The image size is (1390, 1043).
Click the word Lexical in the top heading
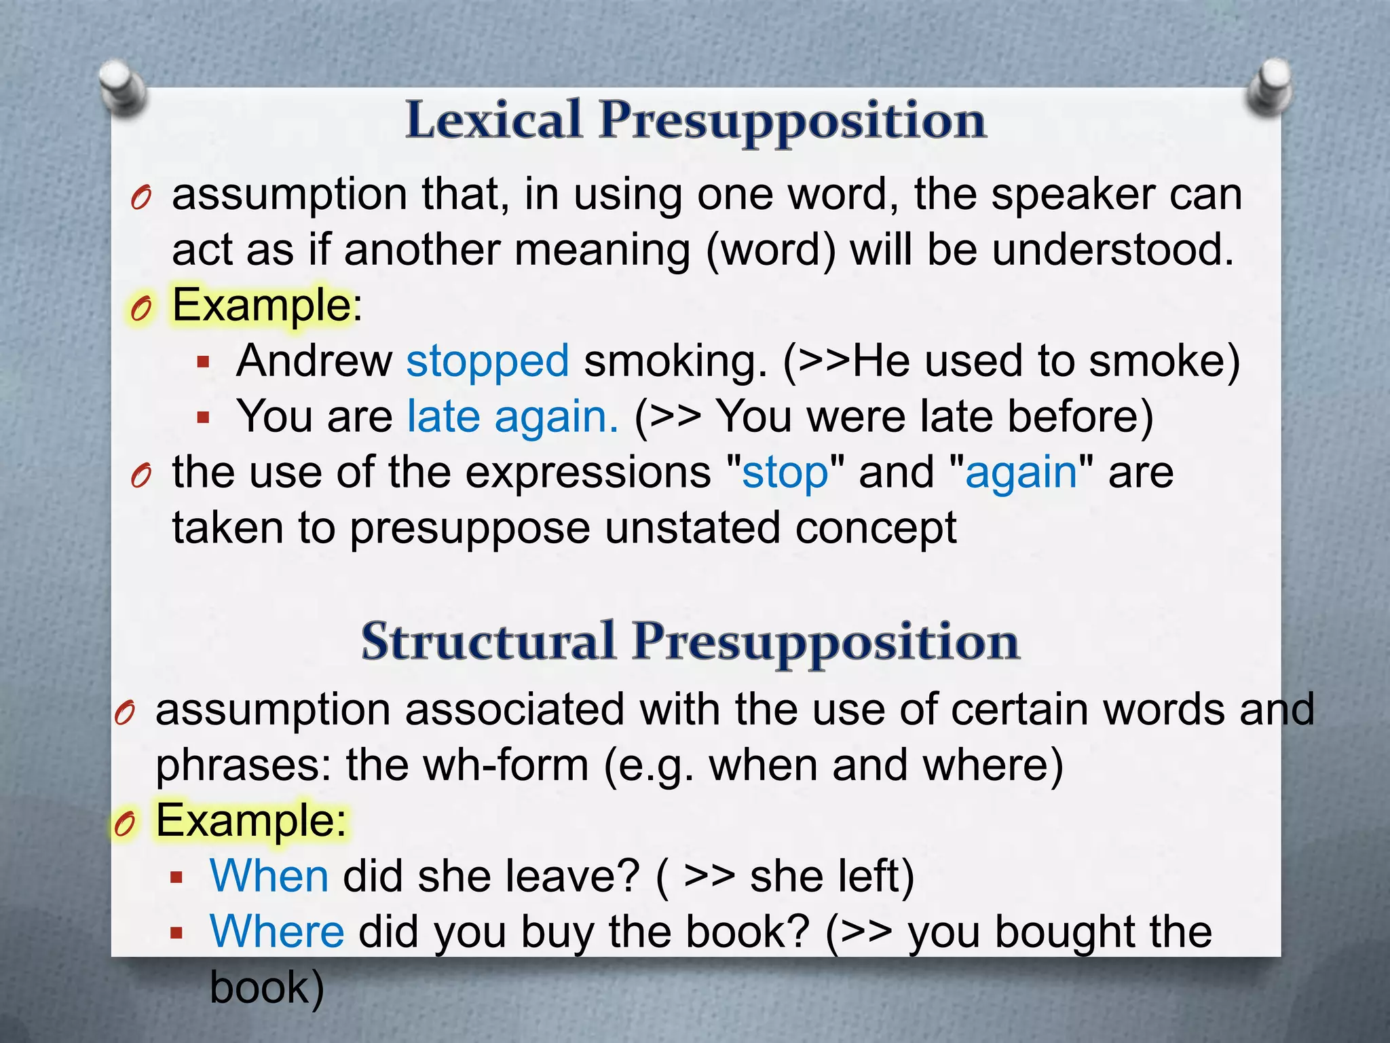pos(493,120)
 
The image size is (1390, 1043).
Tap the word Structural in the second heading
pos(488,642)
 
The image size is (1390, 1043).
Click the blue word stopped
pos(487,361)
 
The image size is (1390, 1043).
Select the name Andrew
pos(314,361)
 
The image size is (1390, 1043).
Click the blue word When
pos(269,876)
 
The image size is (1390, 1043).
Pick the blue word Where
pos(277,932)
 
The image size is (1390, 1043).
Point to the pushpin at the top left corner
pos(122,86)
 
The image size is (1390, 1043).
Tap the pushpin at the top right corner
pos(1269,85)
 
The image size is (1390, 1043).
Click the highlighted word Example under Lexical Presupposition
pos(261,305)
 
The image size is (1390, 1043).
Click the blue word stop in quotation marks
pos(785,472)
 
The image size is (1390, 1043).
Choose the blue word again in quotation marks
pos(1021,472)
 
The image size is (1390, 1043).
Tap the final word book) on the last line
pos(267,987)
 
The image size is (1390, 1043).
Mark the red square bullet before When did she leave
pos(177,877)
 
